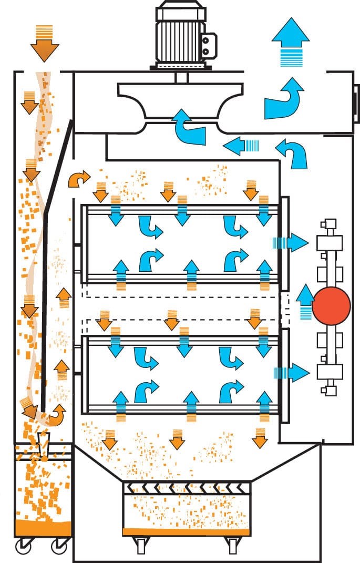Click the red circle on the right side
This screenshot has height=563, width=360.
[x=331, y=304]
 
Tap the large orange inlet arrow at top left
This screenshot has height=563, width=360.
[x=45, y=45]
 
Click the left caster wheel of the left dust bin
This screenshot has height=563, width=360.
[x=23, y=548]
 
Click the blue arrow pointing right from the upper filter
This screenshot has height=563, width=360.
[x=294, y=242]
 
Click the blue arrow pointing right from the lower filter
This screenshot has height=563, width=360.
[x=294, y=372]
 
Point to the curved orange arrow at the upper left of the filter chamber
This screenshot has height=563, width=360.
[x=79, y=180]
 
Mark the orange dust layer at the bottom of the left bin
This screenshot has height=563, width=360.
[x=43, y=527]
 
